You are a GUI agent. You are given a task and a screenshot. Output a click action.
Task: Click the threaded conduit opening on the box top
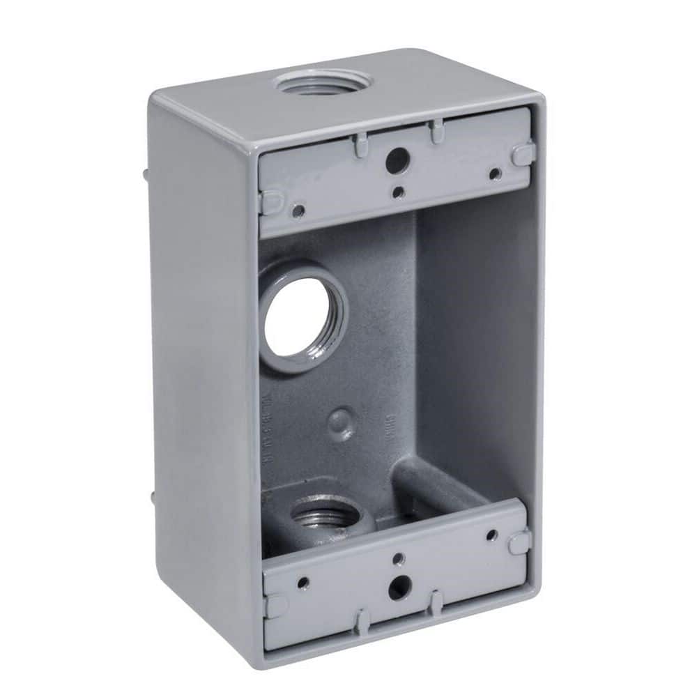click(x=322, y=84)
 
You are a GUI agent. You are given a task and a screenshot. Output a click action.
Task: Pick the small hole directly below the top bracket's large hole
click(x=397, y=192)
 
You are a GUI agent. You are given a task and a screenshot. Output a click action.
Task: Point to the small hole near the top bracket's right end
click(x=494, y=174)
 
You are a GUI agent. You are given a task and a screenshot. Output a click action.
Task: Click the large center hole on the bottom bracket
click(x=399, y=587)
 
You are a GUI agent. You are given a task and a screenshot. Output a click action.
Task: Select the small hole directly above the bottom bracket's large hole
click(x=397, y=558)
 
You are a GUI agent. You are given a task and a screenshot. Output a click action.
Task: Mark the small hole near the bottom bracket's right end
click(x=492, y=535)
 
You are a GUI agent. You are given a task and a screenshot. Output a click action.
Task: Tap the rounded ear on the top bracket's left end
click(x=270, y=201)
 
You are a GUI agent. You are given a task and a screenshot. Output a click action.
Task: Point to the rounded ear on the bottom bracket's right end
click(x=519, y=542)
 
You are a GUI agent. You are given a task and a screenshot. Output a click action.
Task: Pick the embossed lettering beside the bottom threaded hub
click(x=285, y=432)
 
